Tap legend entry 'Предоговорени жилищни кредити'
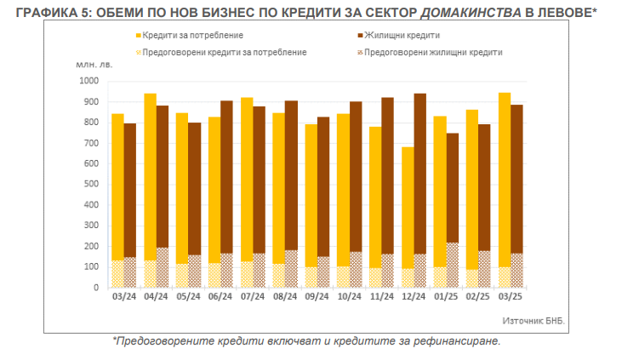pos(429,53)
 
